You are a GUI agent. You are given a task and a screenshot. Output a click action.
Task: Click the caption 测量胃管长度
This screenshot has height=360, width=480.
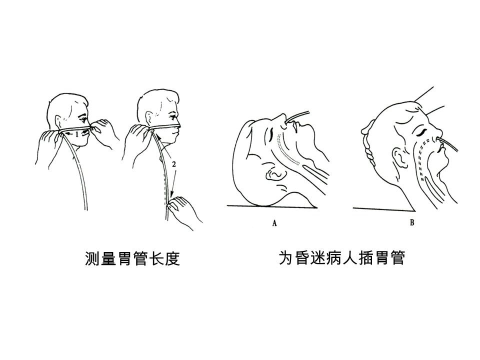tap(132, 259)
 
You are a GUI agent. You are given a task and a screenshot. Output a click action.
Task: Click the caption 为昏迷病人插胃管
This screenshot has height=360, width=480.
tap(342, 258)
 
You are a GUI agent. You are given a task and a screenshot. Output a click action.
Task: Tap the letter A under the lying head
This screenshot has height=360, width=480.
tap(274, 223)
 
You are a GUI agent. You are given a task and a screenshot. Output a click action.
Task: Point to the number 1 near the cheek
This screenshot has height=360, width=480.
tap(77, 134)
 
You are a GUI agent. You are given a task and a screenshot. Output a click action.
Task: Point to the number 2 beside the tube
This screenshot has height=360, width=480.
tap(174, 164)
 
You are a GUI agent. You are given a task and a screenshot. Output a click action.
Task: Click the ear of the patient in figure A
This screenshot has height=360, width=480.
tap(276, 173)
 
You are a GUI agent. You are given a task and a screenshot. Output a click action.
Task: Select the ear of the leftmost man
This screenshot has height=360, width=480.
tap(58, 122)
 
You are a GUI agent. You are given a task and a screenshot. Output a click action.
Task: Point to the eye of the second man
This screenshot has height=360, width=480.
tap(173, 117)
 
